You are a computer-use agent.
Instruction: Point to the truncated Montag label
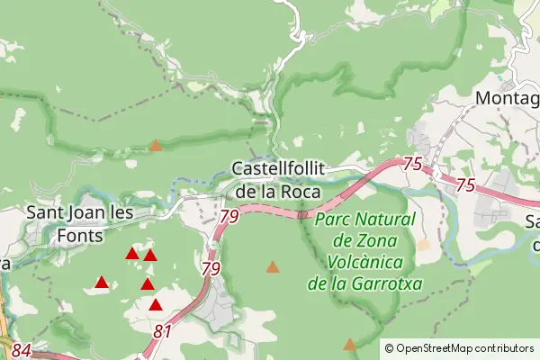507,97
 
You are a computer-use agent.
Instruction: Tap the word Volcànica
364,263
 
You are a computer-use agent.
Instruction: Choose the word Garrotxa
390,284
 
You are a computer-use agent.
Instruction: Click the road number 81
163,332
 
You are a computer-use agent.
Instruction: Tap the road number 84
22,350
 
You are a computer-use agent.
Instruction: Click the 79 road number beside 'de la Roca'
228,216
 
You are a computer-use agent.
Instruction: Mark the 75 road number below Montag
465,184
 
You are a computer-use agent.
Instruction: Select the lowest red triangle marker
156,305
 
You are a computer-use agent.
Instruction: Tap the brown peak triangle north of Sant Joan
156,145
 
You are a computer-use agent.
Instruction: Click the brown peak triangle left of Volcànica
273,266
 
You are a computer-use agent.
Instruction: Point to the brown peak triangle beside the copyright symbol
349,345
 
